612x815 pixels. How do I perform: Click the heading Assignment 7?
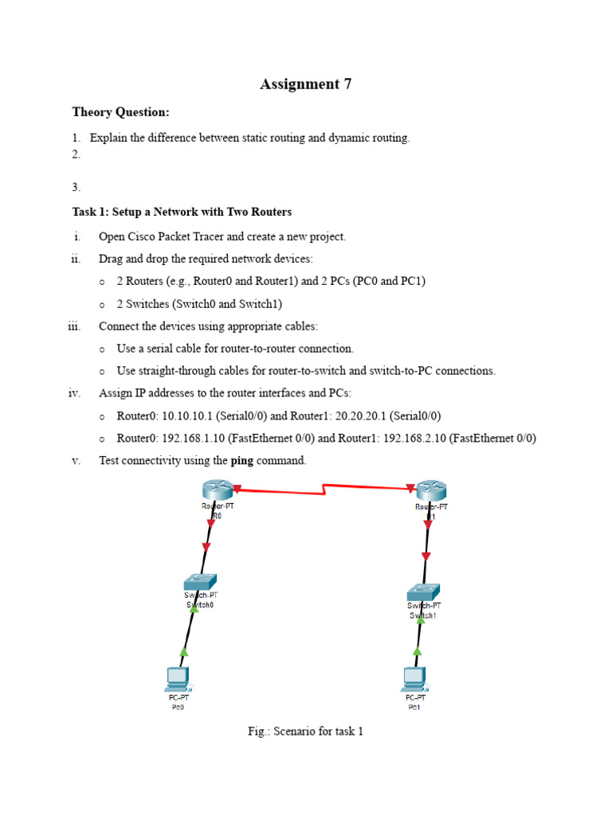point(305,84)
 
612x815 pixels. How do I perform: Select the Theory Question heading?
point(120,112)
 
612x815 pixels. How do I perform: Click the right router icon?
point(431,490)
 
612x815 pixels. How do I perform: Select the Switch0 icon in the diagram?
point(200,582)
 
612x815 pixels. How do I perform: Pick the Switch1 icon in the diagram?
point(422,592)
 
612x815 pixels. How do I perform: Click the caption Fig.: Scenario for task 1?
point(305,731)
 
